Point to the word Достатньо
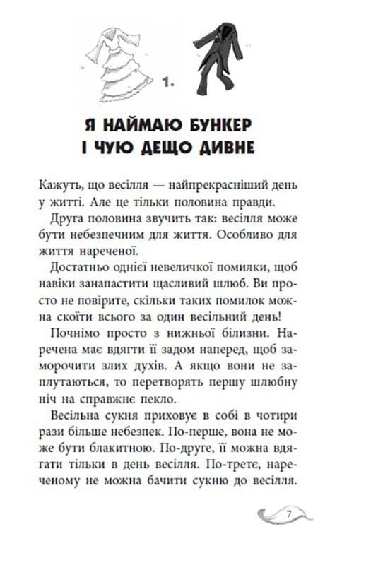(77, 271)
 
